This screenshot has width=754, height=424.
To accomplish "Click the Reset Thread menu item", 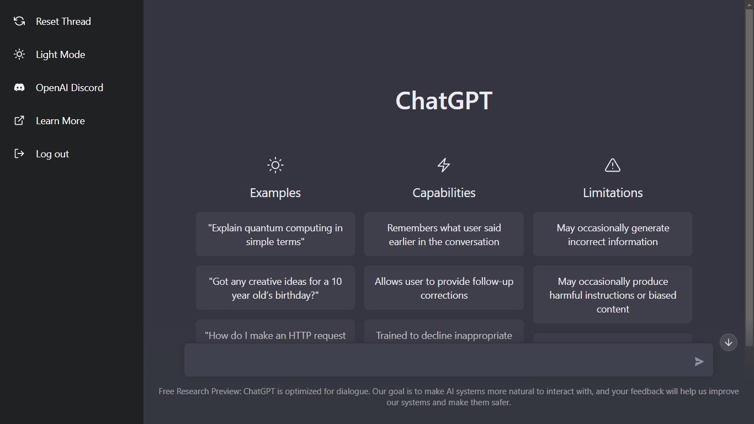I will (63, 22).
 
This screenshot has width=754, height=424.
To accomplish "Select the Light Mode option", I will (60, 55).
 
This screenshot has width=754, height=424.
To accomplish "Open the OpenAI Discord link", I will (69, 88).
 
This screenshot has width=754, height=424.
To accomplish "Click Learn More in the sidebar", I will (60, 121).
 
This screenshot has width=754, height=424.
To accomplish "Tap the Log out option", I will (52, 154).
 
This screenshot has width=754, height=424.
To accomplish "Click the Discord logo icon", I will (19, 88).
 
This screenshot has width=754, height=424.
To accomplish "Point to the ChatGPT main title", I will (444, 101).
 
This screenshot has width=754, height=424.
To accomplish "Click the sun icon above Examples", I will (275, 165).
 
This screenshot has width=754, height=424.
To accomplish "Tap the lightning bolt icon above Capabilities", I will (444, 165).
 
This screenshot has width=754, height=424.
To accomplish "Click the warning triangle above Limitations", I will (612, 165).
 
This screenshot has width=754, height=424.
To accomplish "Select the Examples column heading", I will (275, 193).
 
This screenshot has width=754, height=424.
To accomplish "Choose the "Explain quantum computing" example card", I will (275, 235).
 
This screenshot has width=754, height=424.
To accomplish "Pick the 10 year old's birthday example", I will (275, 288).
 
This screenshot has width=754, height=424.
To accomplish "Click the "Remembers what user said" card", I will (444, 235).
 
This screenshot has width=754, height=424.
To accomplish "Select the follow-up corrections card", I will (444, 288).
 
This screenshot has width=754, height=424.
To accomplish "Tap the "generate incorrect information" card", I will (612, 235).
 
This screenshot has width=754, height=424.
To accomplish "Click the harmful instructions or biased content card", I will (612, 295).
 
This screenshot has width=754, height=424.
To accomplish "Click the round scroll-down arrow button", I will (728, 342).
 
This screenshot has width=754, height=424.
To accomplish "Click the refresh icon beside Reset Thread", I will (19, 22).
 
